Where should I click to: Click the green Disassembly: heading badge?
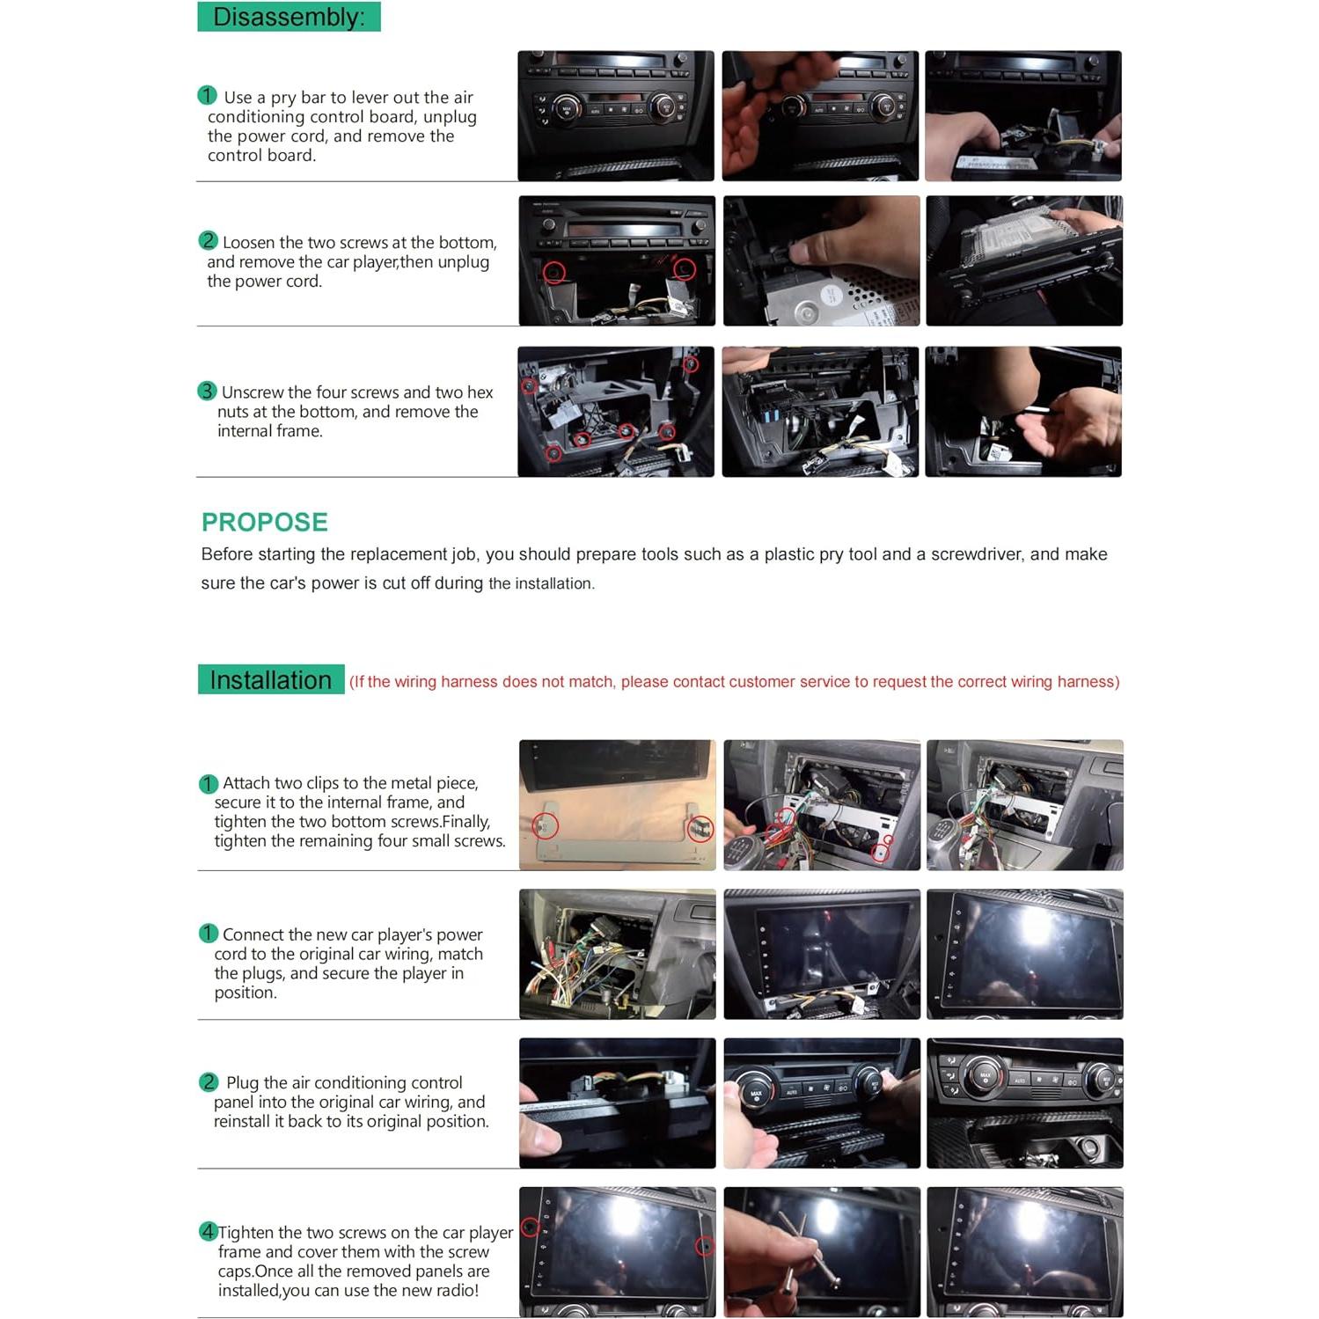tap(289, 17)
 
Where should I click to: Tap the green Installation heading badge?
tap(270, 680)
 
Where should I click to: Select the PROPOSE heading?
tap(264, 522)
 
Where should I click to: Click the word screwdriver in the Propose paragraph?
tap(977, 554)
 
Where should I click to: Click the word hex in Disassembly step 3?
tap(480, 392)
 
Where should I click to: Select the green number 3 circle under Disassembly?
tap(207, 391)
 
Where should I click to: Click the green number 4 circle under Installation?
tap(208, 1231)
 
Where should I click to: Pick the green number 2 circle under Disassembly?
tap(208, 240)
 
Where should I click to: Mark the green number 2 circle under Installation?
tap(209, 1082)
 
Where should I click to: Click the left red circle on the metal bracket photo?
tap(546, 826)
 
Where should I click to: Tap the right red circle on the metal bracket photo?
tap(700, 828)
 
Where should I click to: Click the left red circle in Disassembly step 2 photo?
tap(553, 272)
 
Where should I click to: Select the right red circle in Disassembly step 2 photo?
tap(684, 268)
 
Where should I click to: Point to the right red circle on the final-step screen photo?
tap(704, 1246)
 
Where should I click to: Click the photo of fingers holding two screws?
tap(821, 1251)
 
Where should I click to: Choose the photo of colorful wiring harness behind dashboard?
tap(617, 954)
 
